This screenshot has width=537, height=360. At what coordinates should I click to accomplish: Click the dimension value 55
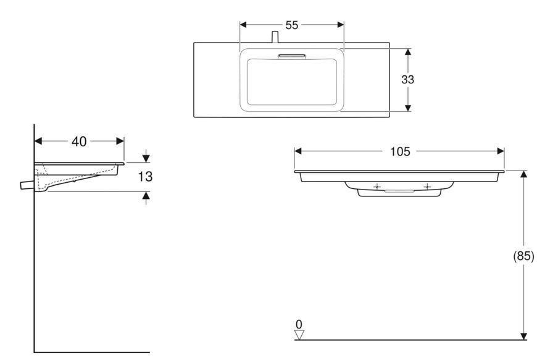(x=292, y=25)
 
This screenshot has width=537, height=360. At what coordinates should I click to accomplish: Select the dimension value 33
(x=407, y=80)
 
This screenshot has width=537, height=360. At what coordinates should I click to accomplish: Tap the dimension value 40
(x=79, y=141)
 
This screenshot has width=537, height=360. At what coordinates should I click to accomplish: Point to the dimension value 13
(x=145, y=177)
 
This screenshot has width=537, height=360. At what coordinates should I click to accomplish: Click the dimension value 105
(x=400, y=151)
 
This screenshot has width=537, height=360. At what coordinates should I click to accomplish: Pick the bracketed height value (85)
(x=523, y=256)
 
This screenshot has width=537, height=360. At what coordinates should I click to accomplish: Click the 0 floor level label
(x=299, y=324)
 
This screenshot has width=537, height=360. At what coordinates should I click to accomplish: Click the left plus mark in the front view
(x=377, y=186)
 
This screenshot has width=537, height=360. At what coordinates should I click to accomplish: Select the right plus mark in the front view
(x=427, y=186)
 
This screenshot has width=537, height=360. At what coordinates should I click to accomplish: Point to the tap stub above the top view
(x=275, y=37)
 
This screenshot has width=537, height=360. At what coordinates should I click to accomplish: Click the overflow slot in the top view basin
(x=292, y=57)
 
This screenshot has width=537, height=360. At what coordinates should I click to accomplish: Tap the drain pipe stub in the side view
(x=27, y=185)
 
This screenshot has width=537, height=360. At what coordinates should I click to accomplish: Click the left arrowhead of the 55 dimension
(x=243, y=25)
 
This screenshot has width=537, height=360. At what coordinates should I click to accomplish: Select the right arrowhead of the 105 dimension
(x=501, y=151)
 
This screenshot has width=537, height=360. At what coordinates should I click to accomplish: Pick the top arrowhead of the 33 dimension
(x=407, y=52)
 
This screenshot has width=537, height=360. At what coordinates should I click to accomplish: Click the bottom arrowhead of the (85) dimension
(x=523, y=336)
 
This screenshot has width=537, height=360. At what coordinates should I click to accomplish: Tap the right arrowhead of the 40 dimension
(x=120, y=141)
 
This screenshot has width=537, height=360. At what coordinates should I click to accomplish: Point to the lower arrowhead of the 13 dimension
(x=146, y=196)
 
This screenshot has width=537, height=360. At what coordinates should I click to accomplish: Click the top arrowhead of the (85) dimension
(x=523, y=174)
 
